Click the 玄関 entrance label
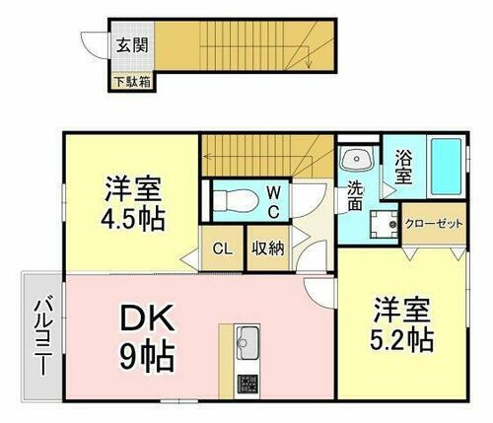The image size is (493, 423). (x=129, y=44)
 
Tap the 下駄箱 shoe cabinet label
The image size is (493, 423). (x=131, y=82)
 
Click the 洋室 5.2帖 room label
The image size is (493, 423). (x=402, y=325)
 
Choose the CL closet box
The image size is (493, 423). (x=223, y=248)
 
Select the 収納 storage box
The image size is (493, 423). (x=266, y=248)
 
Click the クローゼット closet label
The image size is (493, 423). (x=434, y=224)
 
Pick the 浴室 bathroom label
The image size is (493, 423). (x=403, y=165)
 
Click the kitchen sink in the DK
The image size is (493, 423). (x=246, y=343)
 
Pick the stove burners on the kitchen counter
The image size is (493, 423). (x=246, y=382)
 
